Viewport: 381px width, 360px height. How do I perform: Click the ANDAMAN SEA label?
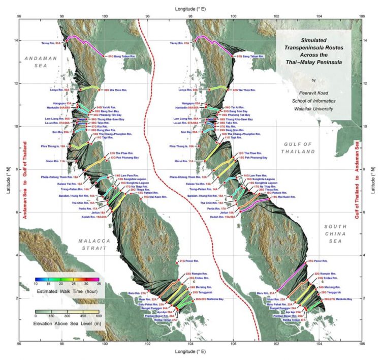tap(40, 63)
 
